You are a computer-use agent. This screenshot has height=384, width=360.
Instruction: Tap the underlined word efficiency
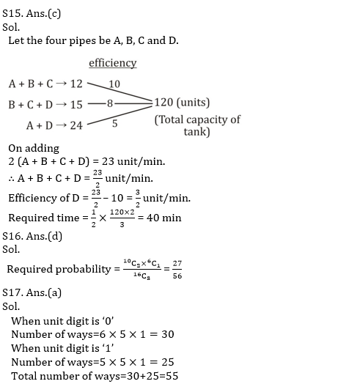pyautogui.click(x=113, y=63)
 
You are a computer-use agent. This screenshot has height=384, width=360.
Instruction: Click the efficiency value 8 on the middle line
pyautogui.click(x=111, y=103)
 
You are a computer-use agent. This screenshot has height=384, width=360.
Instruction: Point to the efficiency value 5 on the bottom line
pyautogui.click(x=115, y=123)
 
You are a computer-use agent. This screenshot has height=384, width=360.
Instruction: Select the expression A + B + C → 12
pyautogui.click(x=45, y=84)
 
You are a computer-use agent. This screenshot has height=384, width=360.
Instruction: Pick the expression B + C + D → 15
pyautogui.click(x=45, y=105)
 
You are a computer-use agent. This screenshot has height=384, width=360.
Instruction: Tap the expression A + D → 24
pyautogui.click(x=55, y=125)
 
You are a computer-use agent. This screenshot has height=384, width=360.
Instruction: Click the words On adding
pyautogui.click(x=34, y=148)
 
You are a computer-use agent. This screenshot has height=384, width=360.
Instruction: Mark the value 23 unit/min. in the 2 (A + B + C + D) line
pyautogui.click(x=139, y=162)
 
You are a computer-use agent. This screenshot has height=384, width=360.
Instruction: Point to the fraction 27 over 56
pyautogui.click(x=177, y=270)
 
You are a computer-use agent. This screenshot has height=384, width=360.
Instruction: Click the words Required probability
pyautogui.click(x=59, y=269)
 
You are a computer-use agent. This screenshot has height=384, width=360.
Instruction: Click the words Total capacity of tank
pyautogui.click(x=197, y=125)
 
